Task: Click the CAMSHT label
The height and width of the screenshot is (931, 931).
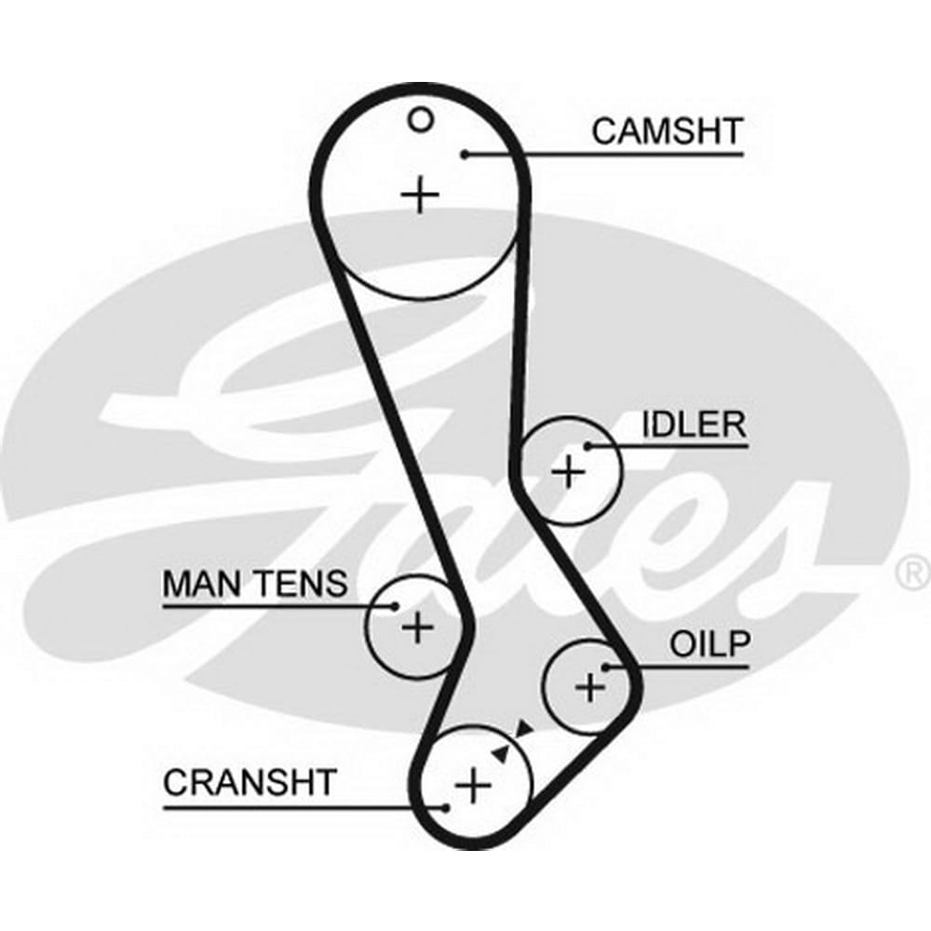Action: pos(667,131)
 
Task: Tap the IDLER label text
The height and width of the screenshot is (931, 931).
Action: pos(694,425)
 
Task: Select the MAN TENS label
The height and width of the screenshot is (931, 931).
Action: pos(254,585)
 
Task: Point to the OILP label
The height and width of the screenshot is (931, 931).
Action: pos(709,643)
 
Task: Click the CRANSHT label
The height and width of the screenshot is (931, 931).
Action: pos(249,782)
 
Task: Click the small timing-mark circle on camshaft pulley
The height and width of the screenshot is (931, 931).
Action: pos(422,119)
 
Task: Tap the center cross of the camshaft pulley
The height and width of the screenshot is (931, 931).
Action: pos(421,195)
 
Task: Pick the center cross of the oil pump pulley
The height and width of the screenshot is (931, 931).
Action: pos(590,688)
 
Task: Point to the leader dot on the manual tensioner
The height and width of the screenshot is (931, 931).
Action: pos(395,606)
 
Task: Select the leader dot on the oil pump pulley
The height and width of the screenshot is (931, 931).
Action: pos(606,667)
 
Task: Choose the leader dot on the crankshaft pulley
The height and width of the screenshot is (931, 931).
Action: pos(448,806)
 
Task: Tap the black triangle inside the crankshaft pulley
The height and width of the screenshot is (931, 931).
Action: pos(503,753)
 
